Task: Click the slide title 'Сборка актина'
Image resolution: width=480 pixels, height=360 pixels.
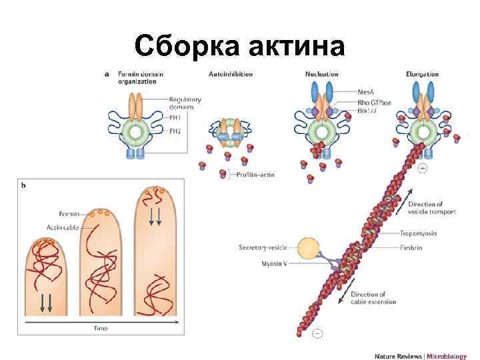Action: [x=239, y=47]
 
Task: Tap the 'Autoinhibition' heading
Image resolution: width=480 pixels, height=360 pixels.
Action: [x=231, y=74]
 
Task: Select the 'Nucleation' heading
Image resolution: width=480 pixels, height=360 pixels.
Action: [x=321, y=74]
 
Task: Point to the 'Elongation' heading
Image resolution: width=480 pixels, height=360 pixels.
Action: [x=421, y=74]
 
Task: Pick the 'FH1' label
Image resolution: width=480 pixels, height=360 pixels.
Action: [x=175, y=116]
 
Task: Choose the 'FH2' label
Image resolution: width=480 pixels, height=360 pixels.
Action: [x=175, y=131]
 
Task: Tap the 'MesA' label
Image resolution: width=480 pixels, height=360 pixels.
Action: [x=367, y=91]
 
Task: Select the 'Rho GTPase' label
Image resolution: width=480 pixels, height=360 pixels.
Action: [x=375, y=101]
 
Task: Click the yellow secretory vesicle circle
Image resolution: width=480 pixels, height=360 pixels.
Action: [x=309, y=249]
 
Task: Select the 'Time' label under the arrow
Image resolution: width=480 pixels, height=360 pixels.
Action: [x=100, y=329]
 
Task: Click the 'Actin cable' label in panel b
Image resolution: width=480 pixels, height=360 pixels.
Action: [x=62, y=227]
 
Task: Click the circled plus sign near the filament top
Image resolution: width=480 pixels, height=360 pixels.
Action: [x=422, y=169]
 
